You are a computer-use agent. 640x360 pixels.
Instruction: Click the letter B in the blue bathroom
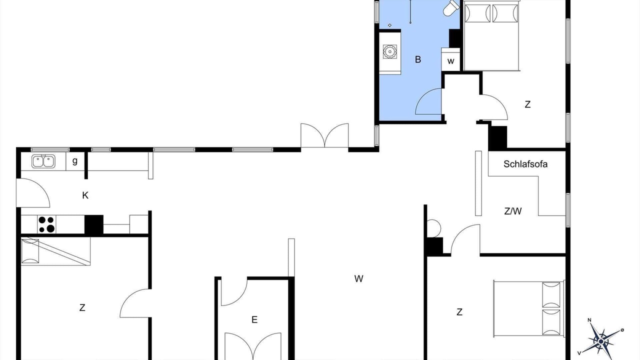click(x=417, y=59)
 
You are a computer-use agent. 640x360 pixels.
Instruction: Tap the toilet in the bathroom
click(x=451, y=8)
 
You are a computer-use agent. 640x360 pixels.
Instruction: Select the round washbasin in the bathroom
click(x=389, y=51)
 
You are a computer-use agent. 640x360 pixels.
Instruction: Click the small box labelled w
click(x=450, y=59)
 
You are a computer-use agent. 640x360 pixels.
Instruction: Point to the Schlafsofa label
click(x=525, y=164)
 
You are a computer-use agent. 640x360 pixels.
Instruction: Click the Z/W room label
click(x=513, y=211)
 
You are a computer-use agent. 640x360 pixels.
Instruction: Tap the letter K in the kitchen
click(x=85, y=195)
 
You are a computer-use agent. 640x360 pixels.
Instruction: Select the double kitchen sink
click(x=43, y=161)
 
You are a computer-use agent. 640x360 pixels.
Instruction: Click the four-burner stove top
click(x=46, y=224)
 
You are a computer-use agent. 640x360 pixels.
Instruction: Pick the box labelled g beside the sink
click(x=75, y=161)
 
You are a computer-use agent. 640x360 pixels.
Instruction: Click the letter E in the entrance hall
click(x=254, y=319)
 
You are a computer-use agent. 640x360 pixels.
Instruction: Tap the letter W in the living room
click(x=358, y=278)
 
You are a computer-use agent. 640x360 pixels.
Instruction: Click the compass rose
click(x=601, y=341)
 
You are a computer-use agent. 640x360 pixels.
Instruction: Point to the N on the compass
click(x=589, y=320)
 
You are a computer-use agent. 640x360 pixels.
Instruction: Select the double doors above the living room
click(x=324, y=135)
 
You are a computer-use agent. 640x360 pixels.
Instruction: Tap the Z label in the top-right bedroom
click(x=527, y=104)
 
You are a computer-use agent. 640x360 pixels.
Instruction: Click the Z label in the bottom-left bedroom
click(x=82, y=307)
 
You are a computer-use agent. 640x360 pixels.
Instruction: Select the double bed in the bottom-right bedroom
click(x=529, y=309)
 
